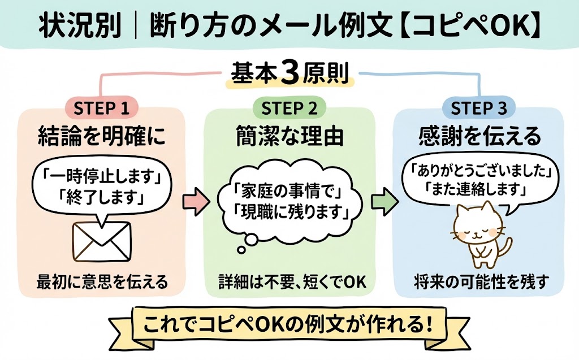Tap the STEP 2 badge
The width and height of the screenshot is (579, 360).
[x=289, y=108]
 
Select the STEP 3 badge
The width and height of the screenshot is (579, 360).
[x=478, y=108]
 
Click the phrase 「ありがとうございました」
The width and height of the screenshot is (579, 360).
[x=478, y=170]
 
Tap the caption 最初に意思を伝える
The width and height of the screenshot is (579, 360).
[x=102, y=281]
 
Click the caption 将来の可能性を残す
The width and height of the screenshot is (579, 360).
[x=478, y=281]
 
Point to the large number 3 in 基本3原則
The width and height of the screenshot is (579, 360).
[x=289, y=75]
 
